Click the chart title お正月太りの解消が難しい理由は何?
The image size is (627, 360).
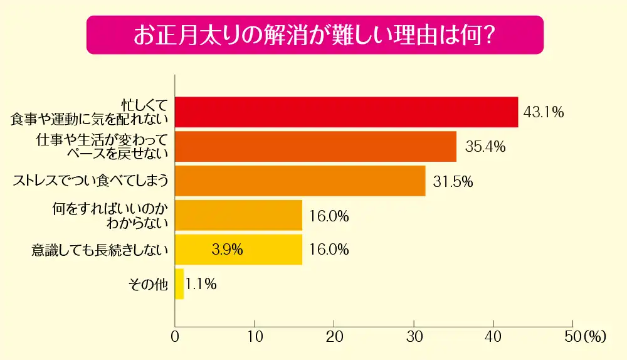tap(314, 34)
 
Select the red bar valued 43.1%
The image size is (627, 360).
tap(346, 112)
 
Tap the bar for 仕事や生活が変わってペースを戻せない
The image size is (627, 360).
tap(315, 147)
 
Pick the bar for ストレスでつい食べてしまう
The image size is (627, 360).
tap(300, 181)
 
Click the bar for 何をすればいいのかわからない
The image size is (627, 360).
tap(238, 216)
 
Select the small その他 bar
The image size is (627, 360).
tap(179, 284)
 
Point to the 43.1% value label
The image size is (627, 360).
tap(544, 113)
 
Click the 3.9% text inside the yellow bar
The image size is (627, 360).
tap(227, 250)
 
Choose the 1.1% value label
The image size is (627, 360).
tap(201, 284)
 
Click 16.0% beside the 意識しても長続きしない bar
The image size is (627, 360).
tap(329, 250)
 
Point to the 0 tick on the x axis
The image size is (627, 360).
tap(175, 336)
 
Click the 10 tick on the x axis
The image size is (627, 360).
tap(254, 336)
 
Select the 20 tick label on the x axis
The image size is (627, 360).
tap(334, 336)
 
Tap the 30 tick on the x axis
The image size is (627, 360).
tap(414, 336)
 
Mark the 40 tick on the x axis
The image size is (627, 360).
tap(493, 336)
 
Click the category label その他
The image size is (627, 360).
tap(148, 284)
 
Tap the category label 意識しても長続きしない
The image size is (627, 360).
tap(100, 250)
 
